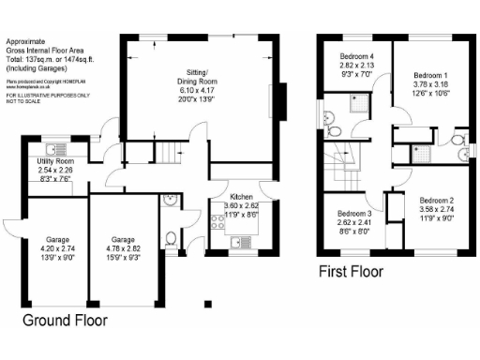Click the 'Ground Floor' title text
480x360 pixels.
click(x=65, y=320)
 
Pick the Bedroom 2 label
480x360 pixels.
click(x=436, y=201)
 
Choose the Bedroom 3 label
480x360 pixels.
click(x=354, y=214)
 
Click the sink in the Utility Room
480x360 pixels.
click(x=57, y=148)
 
